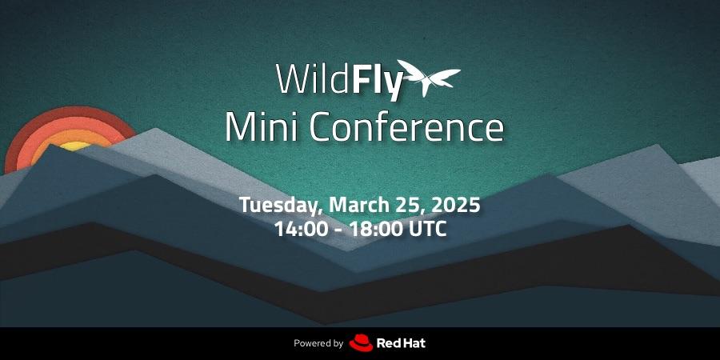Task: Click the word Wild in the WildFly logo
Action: (x=313, y=78)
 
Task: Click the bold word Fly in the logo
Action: (x=378, y=82)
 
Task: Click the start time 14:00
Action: (x=302, y=229)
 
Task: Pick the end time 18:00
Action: (x=376, y=229)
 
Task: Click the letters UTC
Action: (x=427, y=229)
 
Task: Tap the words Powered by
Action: (x=318, y=343)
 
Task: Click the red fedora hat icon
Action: (x=361, y=343)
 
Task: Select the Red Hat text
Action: (x=401, y=343)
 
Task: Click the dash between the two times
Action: (x=339, y=230)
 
